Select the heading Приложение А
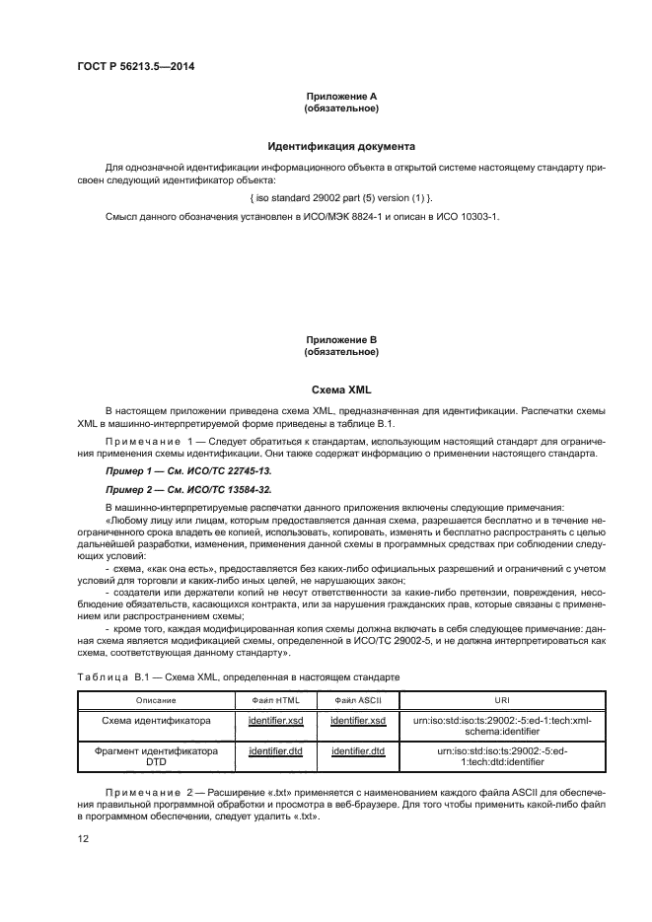(341, 96)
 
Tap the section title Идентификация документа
(341, 145)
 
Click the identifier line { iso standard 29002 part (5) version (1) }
(341, 197)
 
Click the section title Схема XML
(341, 390)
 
